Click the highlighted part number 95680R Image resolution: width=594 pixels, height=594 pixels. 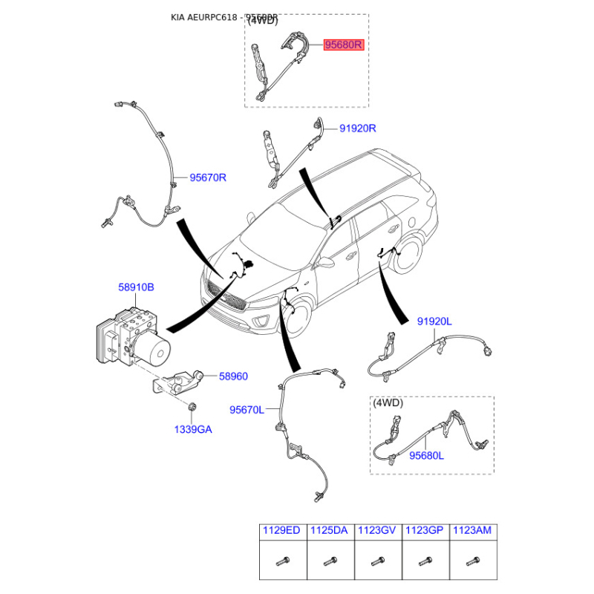point(343,45)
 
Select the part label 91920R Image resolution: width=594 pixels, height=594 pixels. point(358,128)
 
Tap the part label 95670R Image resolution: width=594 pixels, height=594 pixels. point(208,177)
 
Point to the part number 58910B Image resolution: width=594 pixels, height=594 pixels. point(136,286)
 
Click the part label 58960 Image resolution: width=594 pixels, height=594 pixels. point(233,376)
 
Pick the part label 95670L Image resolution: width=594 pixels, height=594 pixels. point(247,409)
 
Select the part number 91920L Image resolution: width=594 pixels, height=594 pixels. point(434,322)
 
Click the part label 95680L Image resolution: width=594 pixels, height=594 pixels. point(427,456)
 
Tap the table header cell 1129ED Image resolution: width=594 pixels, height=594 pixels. point(282,531)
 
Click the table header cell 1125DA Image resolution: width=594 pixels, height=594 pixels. point(330,531)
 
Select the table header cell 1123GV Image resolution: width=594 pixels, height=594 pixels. point(377,531)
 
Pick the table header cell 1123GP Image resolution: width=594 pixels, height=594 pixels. point(425,531)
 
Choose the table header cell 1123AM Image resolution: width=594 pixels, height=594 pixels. point(472,531)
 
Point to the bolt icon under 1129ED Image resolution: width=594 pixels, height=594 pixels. point(282,561)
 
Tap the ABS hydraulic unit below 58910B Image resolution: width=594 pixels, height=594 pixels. point(131,338)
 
